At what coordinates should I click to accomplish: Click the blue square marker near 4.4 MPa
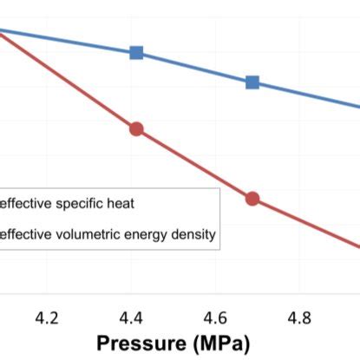coord(136,53)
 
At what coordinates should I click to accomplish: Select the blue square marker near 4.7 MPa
coord(252,82)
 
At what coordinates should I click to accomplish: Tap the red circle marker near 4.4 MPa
coord(136,129)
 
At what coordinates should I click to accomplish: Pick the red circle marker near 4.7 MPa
coord(252,199)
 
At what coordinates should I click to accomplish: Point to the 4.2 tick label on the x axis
coord(48,317)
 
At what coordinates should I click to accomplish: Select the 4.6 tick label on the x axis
coord(216,317)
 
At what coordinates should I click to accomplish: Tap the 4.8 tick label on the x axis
coord(300,317)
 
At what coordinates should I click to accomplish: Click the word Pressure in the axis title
coord(140,343)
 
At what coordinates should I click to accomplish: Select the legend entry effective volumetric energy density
coord(108,233)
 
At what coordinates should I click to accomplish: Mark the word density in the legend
coord(193,233)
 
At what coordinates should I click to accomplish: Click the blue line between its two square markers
coord(194,68)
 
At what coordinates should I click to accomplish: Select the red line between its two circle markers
coord(194,164)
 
